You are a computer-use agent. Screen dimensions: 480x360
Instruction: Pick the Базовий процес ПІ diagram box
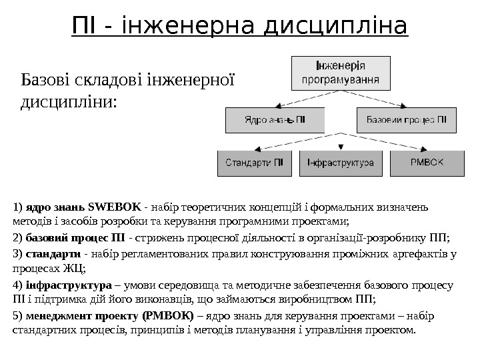[x=406, y=121]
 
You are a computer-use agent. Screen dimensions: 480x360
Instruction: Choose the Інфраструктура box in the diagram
[x=341, y=163]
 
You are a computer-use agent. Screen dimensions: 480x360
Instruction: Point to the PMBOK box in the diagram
[x=427, y=163]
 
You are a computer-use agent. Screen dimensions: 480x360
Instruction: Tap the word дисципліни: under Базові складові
[x=69, y=103]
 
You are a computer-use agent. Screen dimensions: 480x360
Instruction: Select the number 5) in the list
[x=17, y=315]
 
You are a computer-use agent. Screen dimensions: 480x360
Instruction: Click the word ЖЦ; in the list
[x=75, y=269]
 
